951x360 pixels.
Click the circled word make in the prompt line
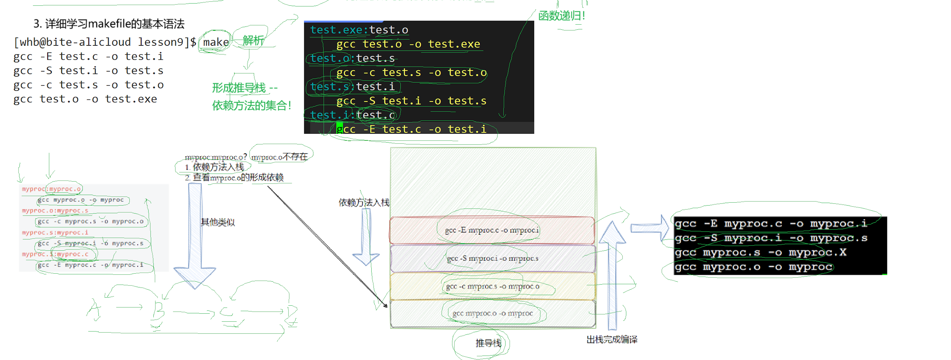(216, 42)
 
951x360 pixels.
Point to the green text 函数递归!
(561, 16)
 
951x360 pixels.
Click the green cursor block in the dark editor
(340, 129)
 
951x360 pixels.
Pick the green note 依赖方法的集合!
(251, 106)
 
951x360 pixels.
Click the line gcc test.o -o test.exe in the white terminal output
(85, 99)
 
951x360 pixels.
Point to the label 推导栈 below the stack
(488, 343)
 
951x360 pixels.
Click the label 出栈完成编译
(612, 340)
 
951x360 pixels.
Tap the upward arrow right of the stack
(612, 273)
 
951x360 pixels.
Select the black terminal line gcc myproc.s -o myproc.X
(761, 253)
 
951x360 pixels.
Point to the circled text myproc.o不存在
(280, 157)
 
